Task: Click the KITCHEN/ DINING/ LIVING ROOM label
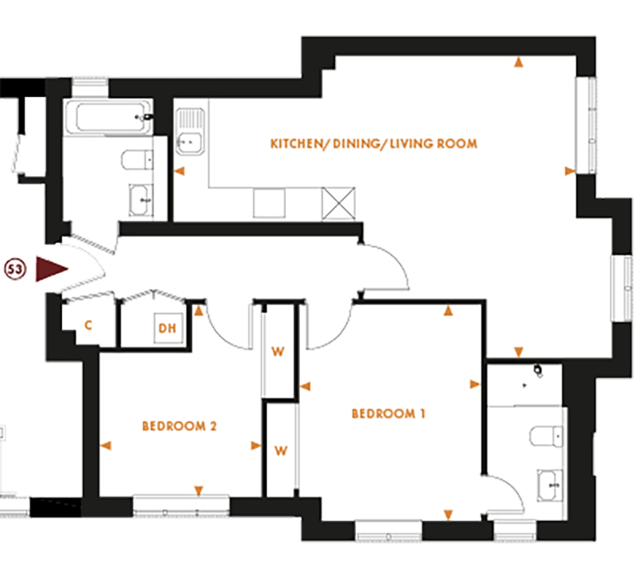point(374,144)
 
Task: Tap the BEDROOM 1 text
point(389,414)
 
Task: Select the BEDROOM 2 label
point(179,426)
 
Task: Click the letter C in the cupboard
point(88,325)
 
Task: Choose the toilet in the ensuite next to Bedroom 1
point(546,437)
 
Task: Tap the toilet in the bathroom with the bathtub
point(136,160)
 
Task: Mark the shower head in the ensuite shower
point(539,370)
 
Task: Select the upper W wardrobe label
point(278,350)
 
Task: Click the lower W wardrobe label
point(279,450)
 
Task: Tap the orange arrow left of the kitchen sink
point(180,171)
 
